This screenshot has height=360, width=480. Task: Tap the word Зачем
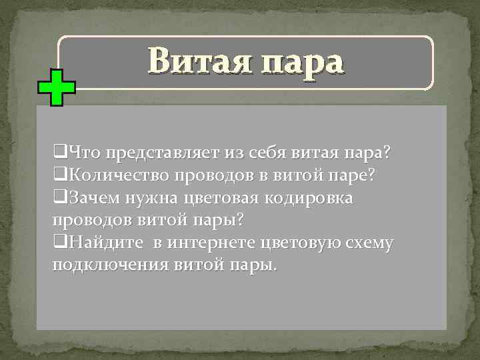pyautogui.click(x=94, y=198)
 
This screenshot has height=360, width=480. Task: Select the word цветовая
pyautogui.click(x=223, y=198)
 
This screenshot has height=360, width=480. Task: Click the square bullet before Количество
pyautogui.click(x=59, y=176)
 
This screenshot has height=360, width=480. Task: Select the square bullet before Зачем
pyautogui.click(x=59, y=198)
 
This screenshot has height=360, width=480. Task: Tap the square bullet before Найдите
pyautogui.click(x=59, y=243)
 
